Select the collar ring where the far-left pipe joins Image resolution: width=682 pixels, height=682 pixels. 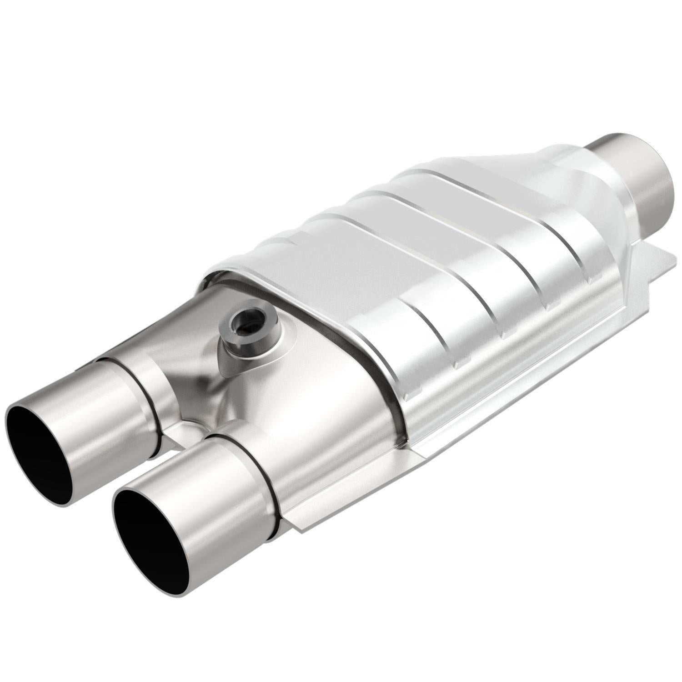[x=150, y=396]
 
